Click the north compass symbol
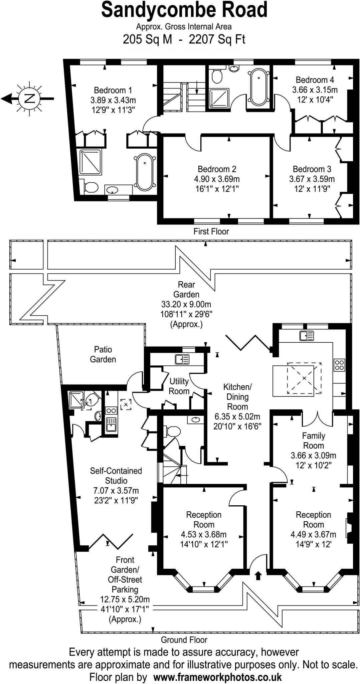[x=30, y=98]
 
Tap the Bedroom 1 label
[x=113, y=90]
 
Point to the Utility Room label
[x=179, y=386]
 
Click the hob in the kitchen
[x=339, y=365]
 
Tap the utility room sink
[x=182, y=359]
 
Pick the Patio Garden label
[x=103, y=354]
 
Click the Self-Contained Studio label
[x=116, y=476]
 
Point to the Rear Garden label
[x=186, y=290]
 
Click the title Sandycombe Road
[x=184, y=10]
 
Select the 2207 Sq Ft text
[x=217, y=40]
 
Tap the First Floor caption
[x=211, y=231]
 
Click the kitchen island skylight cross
[x=304, y=378]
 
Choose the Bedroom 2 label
[x=217, y=169]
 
